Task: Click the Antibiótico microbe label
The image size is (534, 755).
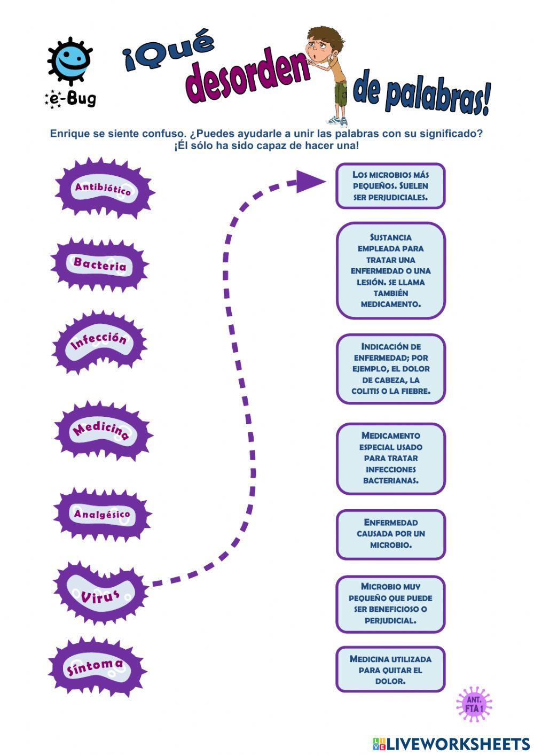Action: [x=104, y=189]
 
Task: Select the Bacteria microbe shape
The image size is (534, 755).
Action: [x=100, y=264]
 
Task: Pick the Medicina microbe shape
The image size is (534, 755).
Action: [x=102, y=431]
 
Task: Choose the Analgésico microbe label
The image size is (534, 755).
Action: [x=102, y=514]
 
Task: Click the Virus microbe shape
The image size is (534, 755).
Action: [x=100, y=593]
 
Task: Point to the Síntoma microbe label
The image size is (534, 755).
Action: [x=96, y=667]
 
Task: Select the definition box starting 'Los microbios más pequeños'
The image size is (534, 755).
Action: [x=390, y=186]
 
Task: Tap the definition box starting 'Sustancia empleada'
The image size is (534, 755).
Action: [x=390, y=270]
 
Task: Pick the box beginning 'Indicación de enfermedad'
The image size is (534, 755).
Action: [x=390, y=369]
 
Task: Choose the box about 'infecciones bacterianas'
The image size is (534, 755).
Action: [x=390, y=458]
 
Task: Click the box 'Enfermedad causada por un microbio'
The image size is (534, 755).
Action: [x=390, y=534]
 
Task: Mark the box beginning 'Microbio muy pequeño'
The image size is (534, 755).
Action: [x=390, y=603]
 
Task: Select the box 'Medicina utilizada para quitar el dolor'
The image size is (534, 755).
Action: [x=390, y=670]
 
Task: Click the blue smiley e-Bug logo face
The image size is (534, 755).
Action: [x=70, y=60]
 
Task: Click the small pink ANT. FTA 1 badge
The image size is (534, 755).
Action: [x=474, y=704]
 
